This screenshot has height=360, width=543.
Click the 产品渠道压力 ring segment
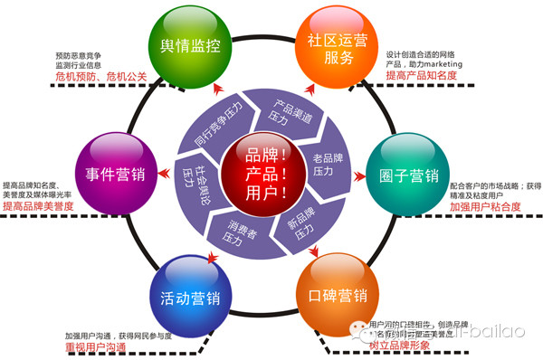click(x=284, y=109)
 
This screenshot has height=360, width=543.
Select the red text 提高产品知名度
click(x=422, y=77)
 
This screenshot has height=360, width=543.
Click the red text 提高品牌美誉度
click(x=38, y=207)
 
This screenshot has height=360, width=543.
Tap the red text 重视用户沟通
click(x=94, y=348)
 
